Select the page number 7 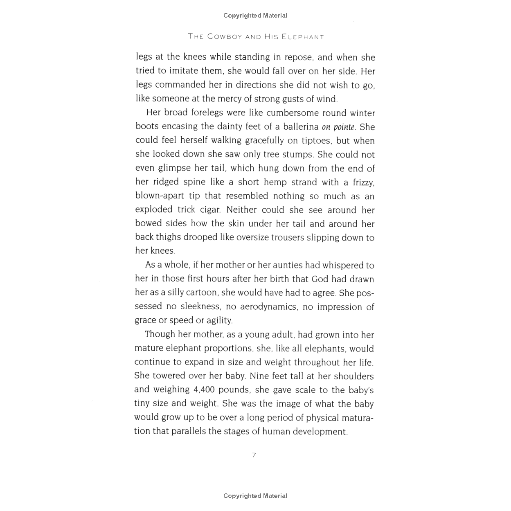[x=254, y=455]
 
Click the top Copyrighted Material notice [x=255, y=16]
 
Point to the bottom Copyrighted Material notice [x=255, y=496]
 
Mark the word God [x=320, y=279]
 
